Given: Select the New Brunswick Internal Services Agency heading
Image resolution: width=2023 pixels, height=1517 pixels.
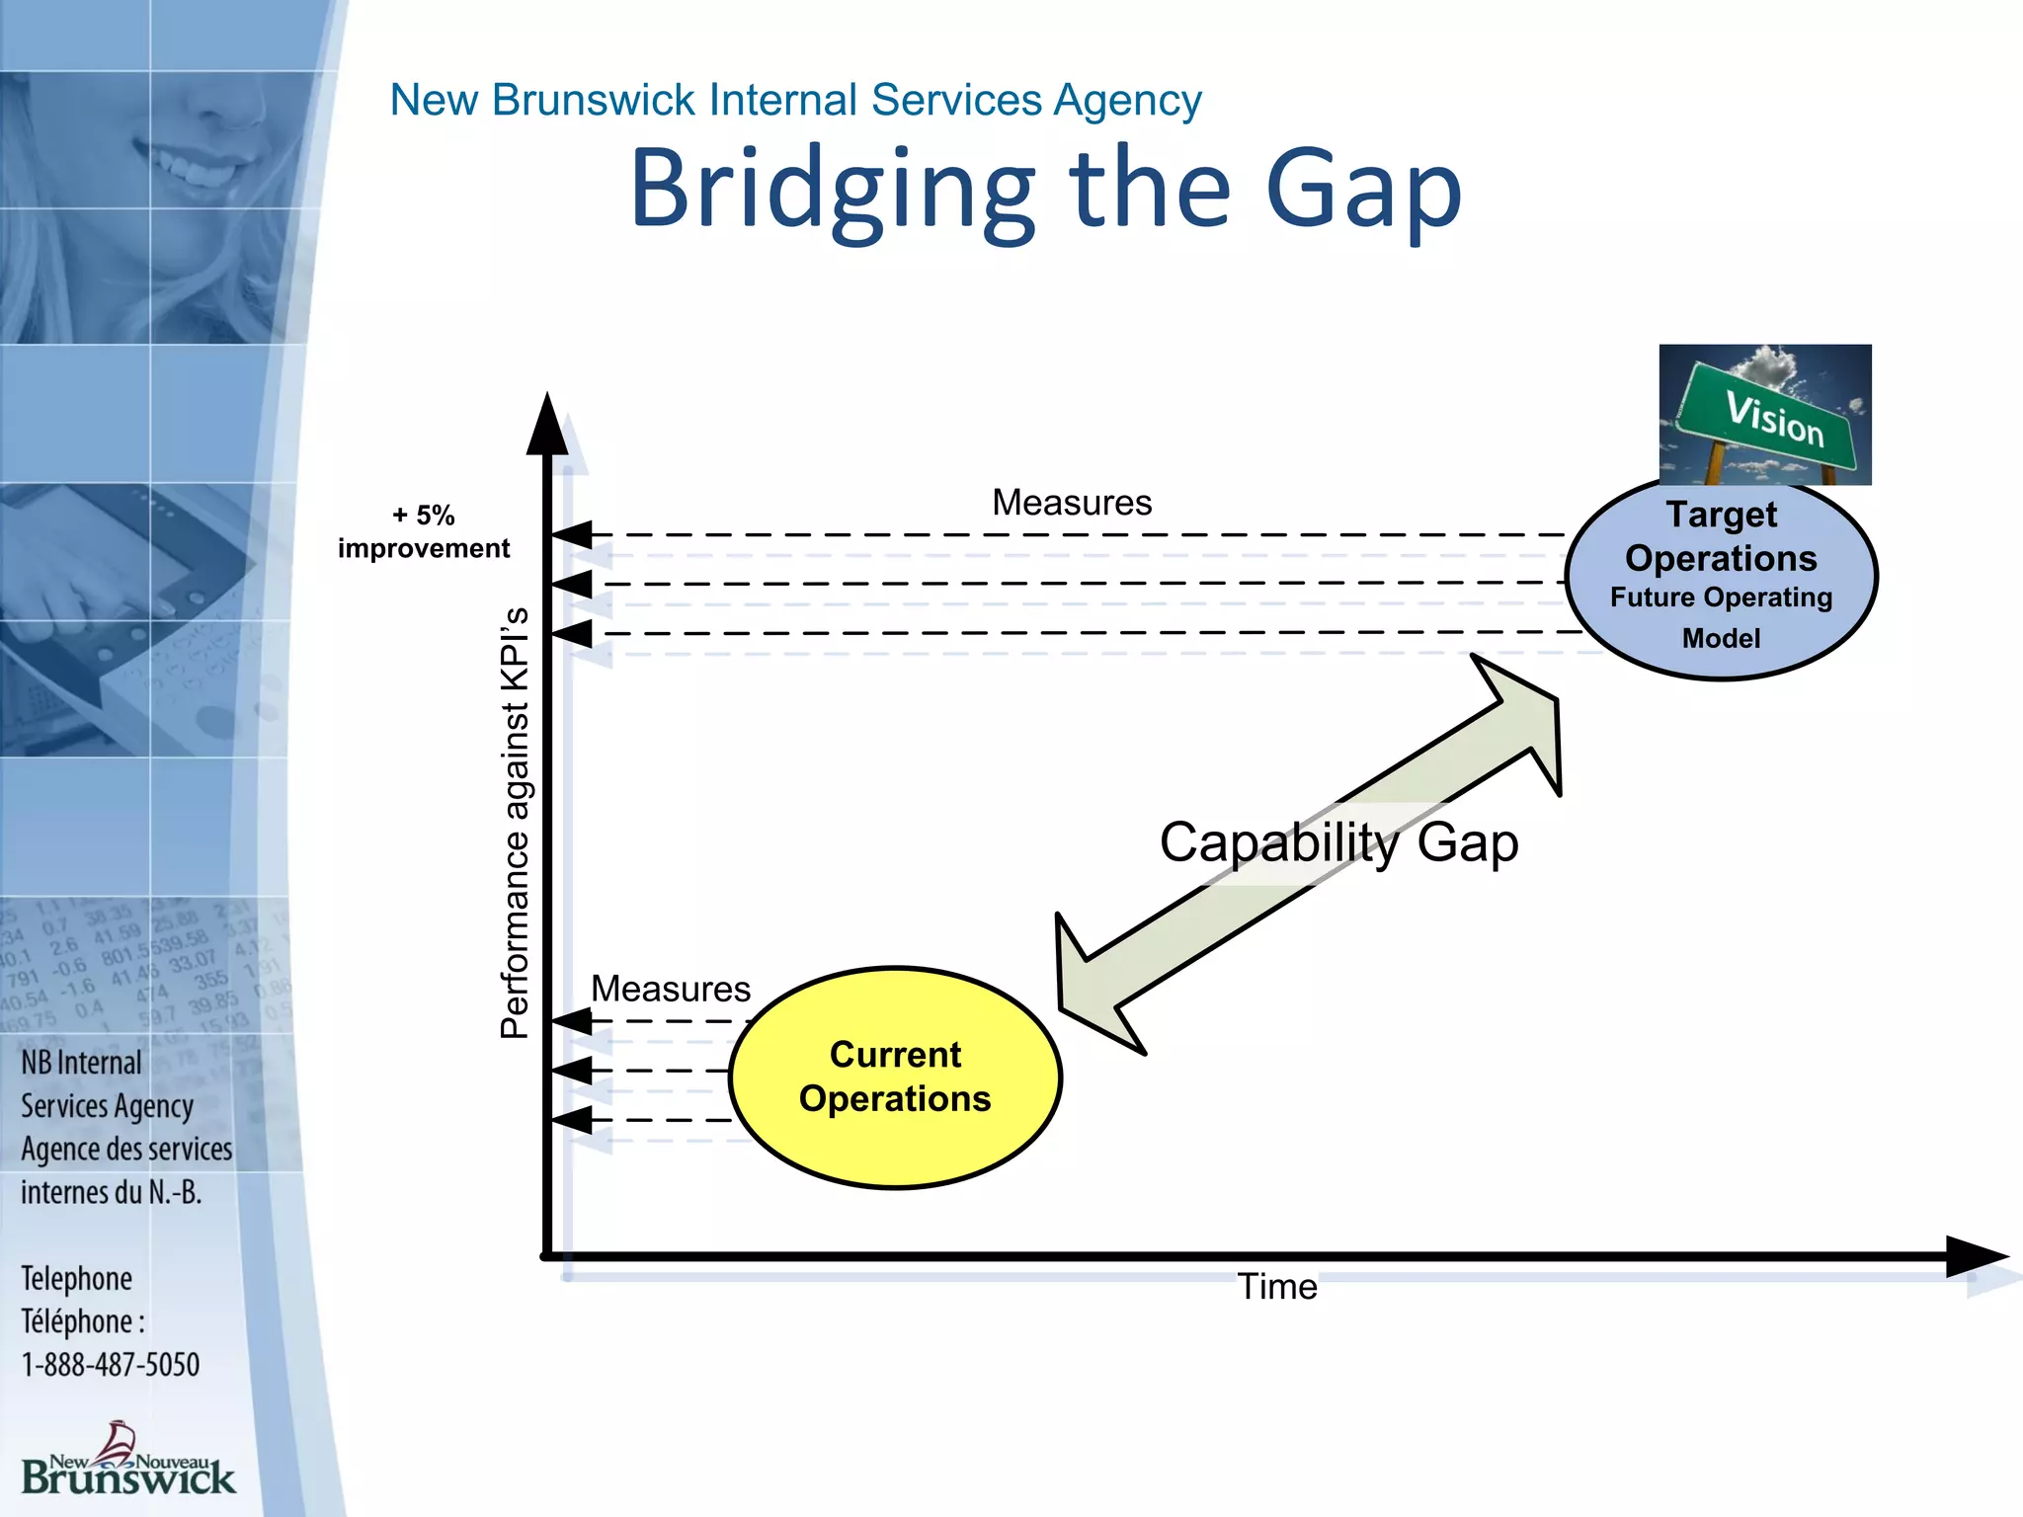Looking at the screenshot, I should (x=795, y=100).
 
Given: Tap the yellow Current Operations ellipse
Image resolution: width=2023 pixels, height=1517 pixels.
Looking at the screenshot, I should (x=895, y=1077).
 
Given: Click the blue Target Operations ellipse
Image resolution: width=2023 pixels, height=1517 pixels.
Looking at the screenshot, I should (x=1721, y=578).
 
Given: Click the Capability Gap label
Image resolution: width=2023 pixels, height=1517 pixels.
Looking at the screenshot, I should (x=1338, y=842).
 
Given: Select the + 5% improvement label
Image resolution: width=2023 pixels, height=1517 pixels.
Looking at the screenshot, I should (x=424, y=531).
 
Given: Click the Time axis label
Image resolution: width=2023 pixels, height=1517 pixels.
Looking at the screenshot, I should (x=1277, y=1287).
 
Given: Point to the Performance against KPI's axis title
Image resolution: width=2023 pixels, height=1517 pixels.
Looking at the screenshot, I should (x=515, y=823).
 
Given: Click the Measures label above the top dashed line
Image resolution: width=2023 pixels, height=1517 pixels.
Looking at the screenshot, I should (x=1072, y=503).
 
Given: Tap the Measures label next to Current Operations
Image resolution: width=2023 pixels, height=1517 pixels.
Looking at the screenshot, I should (x=671, y=989).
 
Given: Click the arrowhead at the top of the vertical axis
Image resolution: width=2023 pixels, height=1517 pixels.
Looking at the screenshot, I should (x=547, y=425).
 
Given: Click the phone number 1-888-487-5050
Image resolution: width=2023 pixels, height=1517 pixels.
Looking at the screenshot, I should (x=111, y=1365).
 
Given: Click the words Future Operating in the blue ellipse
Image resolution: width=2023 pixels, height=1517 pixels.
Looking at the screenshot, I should (x=1721, y=598).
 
